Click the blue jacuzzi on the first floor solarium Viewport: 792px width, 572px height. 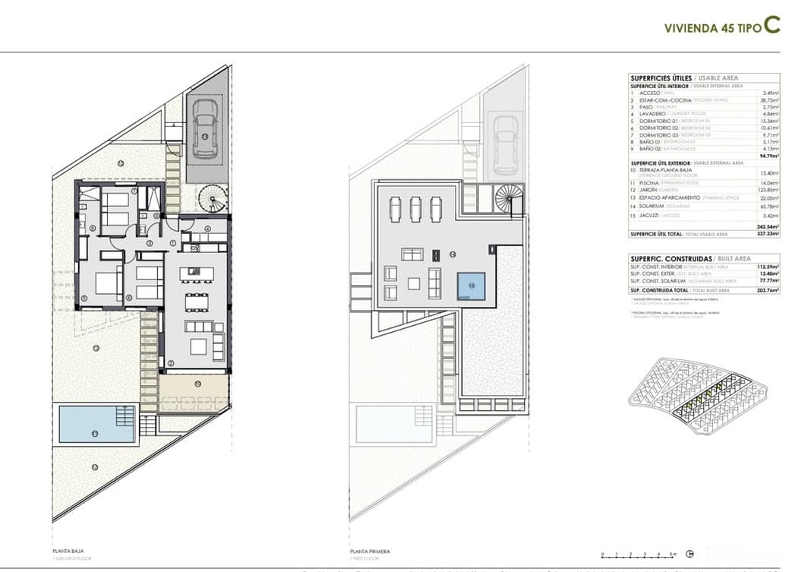click(470, 285)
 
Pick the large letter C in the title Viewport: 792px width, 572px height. click(771, 24)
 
